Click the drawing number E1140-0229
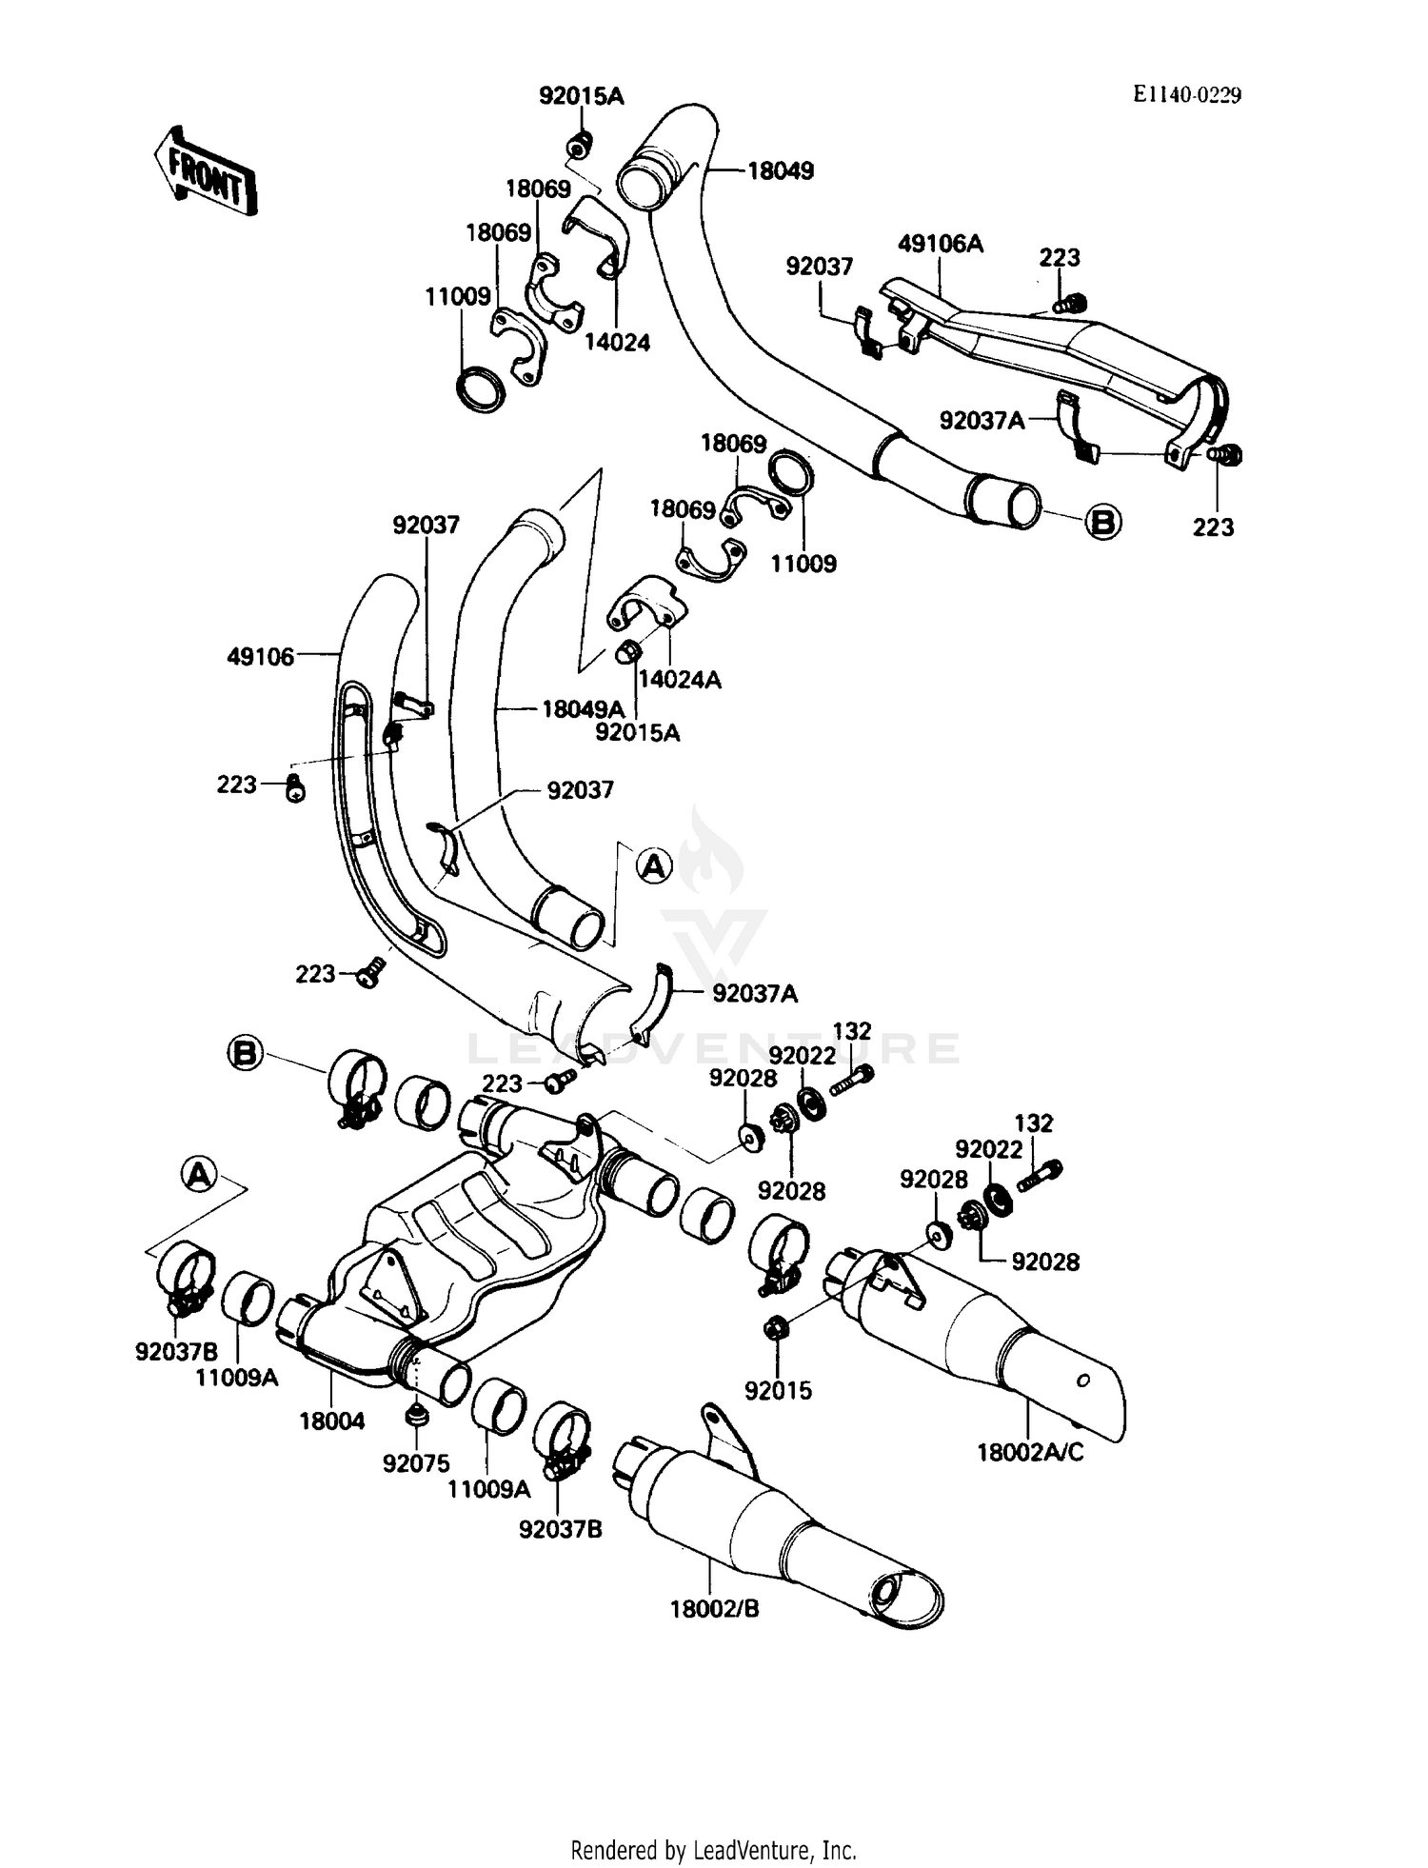(1186, 94)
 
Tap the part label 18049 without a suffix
(781, 171)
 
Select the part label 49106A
(940, 245)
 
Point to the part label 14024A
(680, 680)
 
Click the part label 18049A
(583, 709)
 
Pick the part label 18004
(331, 1421)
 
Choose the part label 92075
(416, 1464)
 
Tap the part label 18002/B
(714, 1609)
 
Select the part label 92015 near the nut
(778, 1391)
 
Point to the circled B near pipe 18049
(1103, 522)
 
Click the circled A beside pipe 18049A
(654, 865)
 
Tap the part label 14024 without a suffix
(617, 343)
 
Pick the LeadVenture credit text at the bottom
(713, 1850)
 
